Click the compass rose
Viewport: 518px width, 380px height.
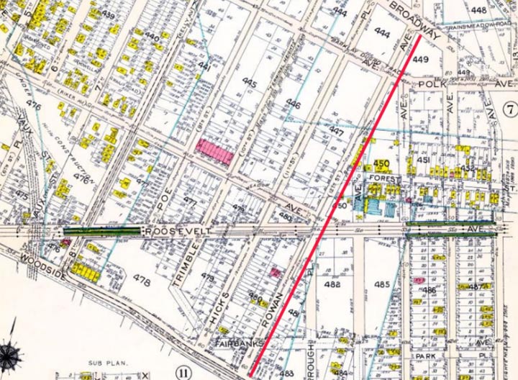11,354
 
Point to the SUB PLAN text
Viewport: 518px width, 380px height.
105,364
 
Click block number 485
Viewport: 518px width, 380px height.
382,284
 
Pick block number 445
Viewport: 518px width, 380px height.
249,85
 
